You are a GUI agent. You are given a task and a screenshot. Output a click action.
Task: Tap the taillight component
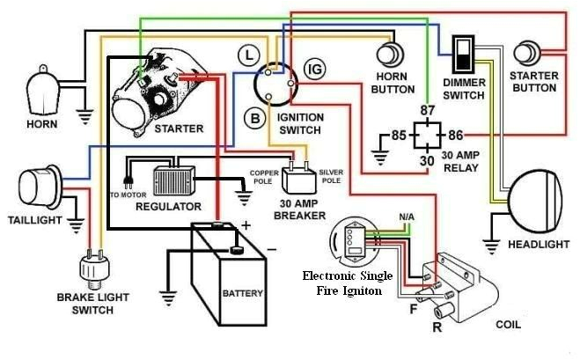[x=36, y=187]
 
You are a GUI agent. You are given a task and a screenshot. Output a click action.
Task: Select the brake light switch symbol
[x=91, y=268]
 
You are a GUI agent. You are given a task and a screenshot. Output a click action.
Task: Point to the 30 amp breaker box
[x=299, y=179]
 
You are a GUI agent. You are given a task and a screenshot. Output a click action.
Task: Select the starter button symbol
[x=530, y=53]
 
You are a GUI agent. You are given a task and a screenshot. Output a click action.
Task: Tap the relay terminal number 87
[x=428, y=110]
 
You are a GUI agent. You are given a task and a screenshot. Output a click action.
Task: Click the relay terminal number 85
[x=399, y=136]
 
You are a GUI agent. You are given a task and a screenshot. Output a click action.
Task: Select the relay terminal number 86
[x=455, y=135]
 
